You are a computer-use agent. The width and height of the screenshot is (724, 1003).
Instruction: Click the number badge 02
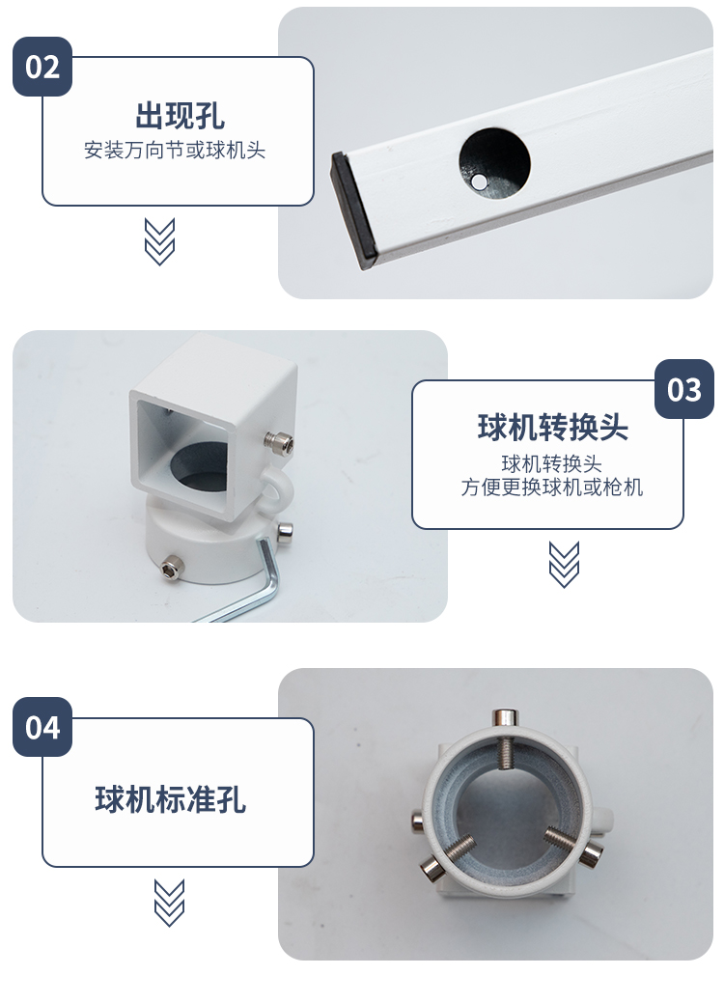42,67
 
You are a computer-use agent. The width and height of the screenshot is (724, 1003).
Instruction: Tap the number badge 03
683,389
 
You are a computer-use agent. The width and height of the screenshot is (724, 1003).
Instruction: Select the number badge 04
42,727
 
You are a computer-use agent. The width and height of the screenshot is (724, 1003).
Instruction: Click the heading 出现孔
180,115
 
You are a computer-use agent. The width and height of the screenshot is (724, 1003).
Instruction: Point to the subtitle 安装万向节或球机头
175,151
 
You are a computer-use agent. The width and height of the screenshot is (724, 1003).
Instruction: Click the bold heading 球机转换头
552,427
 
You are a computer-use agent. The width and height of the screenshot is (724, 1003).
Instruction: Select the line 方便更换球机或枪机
552,487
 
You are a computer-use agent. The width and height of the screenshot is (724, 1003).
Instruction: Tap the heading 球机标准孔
170,799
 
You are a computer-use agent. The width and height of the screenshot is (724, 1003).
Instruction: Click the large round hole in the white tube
494,163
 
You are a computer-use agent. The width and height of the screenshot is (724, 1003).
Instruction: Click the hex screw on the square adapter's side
281,441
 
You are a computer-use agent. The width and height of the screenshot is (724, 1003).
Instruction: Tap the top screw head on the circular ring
505,717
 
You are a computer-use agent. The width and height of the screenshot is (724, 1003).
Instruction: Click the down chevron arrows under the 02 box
159,241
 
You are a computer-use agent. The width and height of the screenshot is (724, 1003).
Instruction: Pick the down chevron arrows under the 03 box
564,565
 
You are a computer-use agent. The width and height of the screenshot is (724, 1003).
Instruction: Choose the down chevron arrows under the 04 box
170,903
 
